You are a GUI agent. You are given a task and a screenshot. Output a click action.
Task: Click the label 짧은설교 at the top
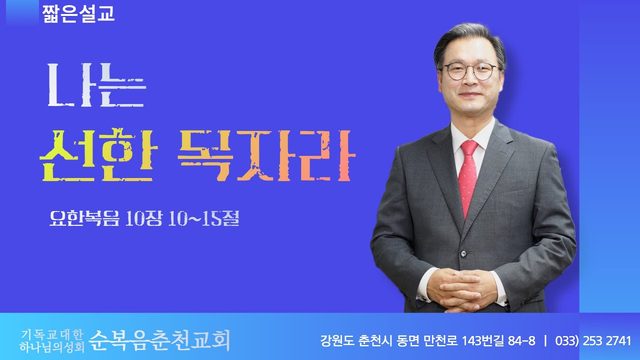point(78,13)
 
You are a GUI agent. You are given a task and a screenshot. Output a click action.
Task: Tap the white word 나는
point(97,85)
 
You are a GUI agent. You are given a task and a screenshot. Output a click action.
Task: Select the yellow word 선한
point(98,155)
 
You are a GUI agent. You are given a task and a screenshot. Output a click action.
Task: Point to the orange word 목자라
point(266,155)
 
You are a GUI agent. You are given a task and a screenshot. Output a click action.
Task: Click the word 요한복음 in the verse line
point(84,218)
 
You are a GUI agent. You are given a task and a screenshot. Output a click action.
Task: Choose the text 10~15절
point(203,219)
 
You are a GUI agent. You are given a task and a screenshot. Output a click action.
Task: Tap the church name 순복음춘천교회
point(160,340)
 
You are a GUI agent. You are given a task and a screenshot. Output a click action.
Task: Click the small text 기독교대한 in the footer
point(52,335)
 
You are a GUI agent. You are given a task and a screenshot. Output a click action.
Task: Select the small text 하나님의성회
point(52,347)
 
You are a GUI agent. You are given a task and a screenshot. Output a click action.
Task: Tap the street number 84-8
point(522,340)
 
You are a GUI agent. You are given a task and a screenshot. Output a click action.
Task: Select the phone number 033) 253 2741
point(593,340)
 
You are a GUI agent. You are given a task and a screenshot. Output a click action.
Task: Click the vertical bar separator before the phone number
point(545,340)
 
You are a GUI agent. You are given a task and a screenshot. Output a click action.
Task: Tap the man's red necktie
point(468,176)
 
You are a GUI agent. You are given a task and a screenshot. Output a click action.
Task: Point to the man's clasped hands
point(461,289)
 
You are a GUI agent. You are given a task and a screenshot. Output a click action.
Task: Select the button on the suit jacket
point(463,254)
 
